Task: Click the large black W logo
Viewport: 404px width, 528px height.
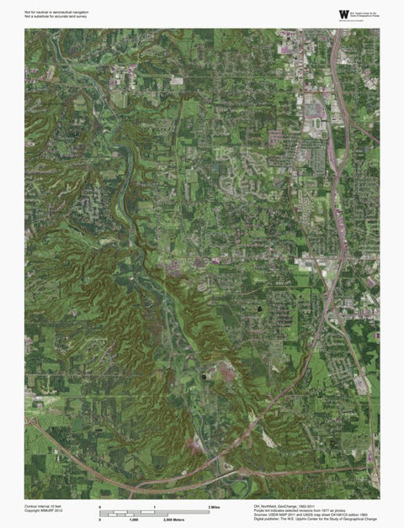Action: [343, 13]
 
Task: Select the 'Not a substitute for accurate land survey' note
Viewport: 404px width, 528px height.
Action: [56, 18]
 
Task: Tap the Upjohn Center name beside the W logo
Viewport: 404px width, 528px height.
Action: [367, 13]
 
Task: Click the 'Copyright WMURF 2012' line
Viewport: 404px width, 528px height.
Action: [44, 513]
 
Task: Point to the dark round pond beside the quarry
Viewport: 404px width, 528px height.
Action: [206, 378]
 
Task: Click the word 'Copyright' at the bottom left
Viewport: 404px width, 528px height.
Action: [34, 513]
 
